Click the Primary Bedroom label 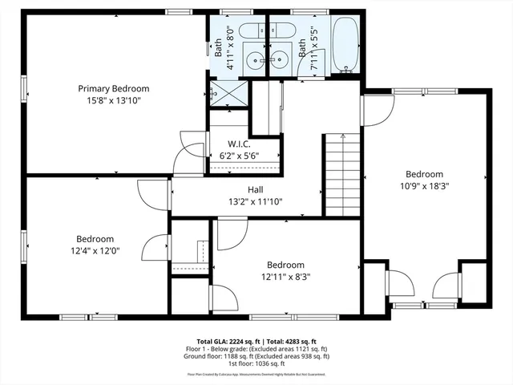[113, 88]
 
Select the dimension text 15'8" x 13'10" [113, 101]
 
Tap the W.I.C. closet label [239, 144]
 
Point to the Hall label [255, 190]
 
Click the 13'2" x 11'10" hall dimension [255, 202]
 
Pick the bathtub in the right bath [347, 46]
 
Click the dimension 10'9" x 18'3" [424, 187]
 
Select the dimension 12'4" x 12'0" [95, 251]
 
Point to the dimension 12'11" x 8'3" [285, 277]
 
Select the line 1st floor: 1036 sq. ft [257, 363]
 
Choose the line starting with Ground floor [257, 356]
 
